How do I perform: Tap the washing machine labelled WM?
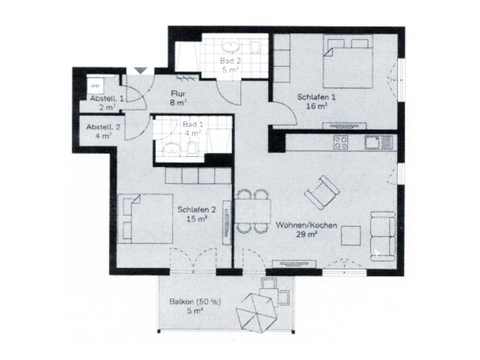pyautogui.click(x=96, y=86)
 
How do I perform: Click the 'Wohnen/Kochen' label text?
pyautogui.click(x=306, y=225)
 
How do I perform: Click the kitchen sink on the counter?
pyautogui.click(x=378, y=143)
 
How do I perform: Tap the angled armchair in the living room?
pyautogui.click(x=322, y=192)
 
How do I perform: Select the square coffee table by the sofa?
pyautogui.click(x=351, y=236)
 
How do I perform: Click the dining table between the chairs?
pyautogui.click(x=253, y=211)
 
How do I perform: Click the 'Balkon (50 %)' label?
pyautogui.click(x=195, y=302)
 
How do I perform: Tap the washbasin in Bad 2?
pyautogui.click(x=231, y=47)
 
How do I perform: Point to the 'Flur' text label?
pyautogui.click(x=178, y=94)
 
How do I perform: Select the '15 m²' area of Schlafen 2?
pyautogui.click(x=197, y=219)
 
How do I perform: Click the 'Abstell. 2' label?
pyautogui.click(x=103, y=127)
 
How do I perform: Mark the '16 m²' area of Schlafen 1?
pyautogui.click(x=317, y=106)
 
